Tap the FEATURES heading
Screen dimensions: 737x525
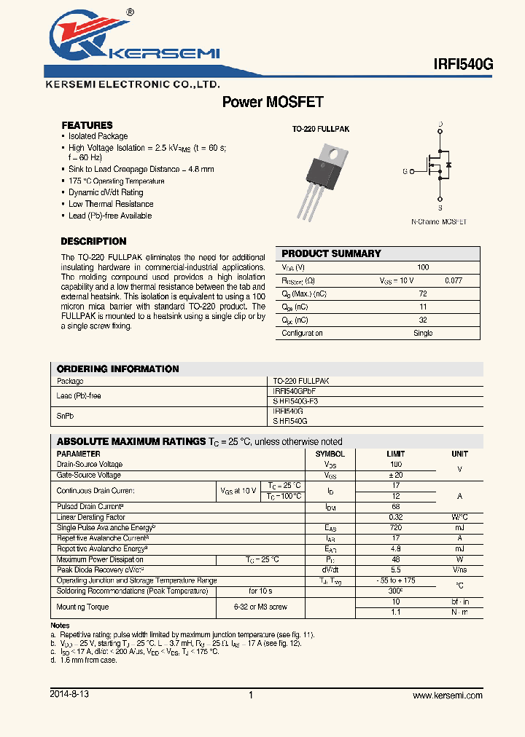pos(87,125)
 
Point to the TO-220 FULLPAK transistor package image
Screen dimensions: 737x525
pos(322,179)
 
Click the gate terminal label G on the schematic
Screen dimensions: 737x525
pos(405,172)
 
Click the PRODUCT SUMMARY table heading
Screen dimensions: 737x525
pos(331,253)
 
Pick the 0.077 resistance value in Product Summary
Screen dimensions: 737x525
pos(453,280)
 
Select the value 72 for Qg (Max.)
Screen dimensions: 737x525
pos(422,293)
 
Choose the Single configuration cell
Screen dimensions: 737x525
pos(423,333)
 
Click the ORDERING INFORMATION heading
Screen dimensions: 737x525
pos(117,368)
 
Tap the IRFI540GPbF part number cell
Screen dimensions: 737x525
pos(295,391)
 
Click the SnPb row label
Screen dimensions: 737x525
pos(66,416)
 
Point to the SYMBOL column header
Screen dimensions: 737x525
pos(330,454)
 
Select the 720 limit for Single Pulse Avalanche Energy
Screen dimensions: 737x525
pos(396,527)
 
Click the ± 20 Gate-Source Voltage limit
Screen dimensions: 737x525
pos(396,475)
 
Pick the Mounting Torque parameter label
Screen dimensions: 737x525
pos(82,607)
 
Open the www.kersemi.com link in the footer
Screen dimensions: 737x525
pos(447,695)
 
